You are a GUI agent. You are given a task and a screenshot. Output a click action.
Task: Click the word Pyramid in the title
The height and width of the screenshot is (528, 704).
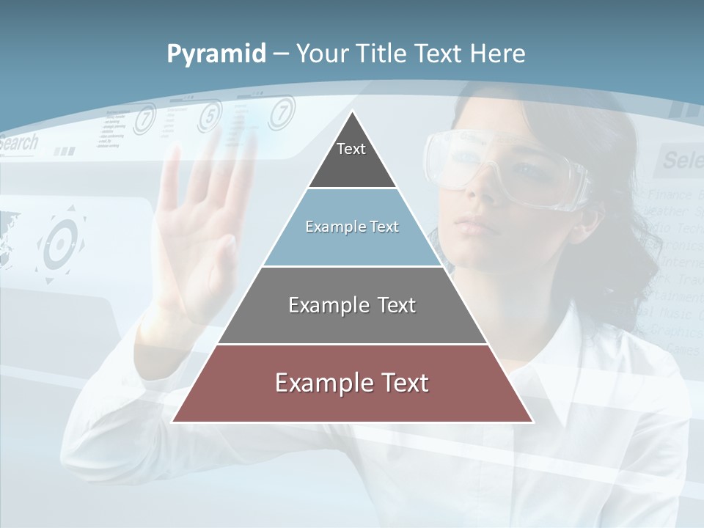216,54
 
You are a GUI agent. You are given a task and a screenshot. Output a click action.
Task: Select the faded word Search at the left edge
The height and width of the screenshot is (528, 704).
18,143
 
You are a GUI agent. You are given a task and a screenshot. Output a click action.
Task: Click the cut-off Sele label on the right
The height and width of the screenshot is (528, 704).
682,159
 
